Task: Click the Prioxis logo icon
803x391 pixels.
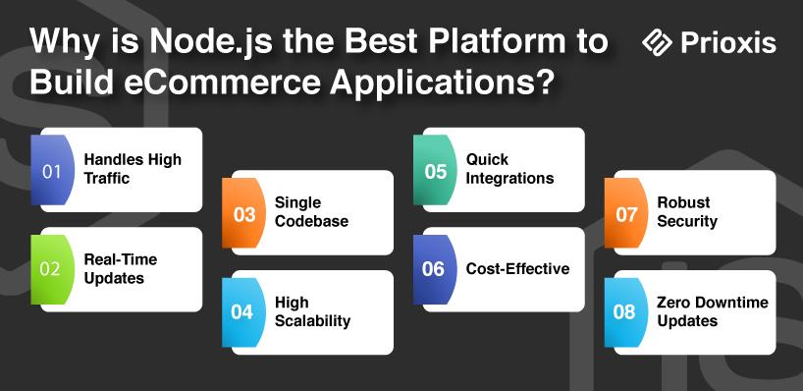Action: click(657, 42)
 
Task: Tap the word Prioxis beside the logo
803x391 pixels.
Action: click(728, 42)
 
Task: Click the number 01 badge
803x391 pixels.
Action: click(50, 170)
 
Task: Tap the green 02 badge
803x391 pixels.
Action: click(50, 269)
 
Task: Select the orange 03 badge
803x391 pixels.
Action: click(243, 213)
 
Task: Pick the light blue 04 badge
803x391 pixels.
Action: click(243, 312)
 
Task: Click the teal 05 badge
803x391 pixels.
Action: click(435, 170)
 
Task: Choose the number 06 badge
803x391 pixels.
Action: click(435, 269)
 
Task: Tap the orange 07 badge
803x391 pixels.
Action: click(625, 213)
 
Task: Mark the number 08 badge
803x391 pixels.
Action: click(625, 312)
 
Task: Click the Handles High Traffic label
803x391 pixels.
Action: click(133, 169)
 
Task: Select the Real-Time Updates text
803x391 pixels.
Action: click(121, 268)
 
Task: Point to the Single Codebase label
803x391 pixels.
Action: click(311, 211)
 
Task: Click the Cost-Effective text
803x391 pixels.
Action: click(517, 269)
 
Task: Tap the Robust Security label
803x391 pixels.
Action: click(687, 211)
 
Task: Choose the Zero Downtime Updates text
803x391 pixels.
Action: click(713, 311)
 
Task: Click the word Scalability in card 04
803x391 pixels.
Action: click(313, 321)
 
